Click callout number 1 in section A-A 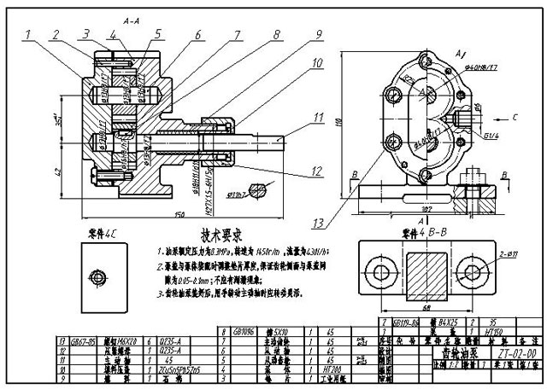pos(28,35)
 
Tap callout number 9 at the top pos(317,35)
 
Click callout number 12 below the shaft pos(318,171)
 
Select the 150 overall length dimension pos(179,214)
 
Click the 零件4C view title pos(102,232)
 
